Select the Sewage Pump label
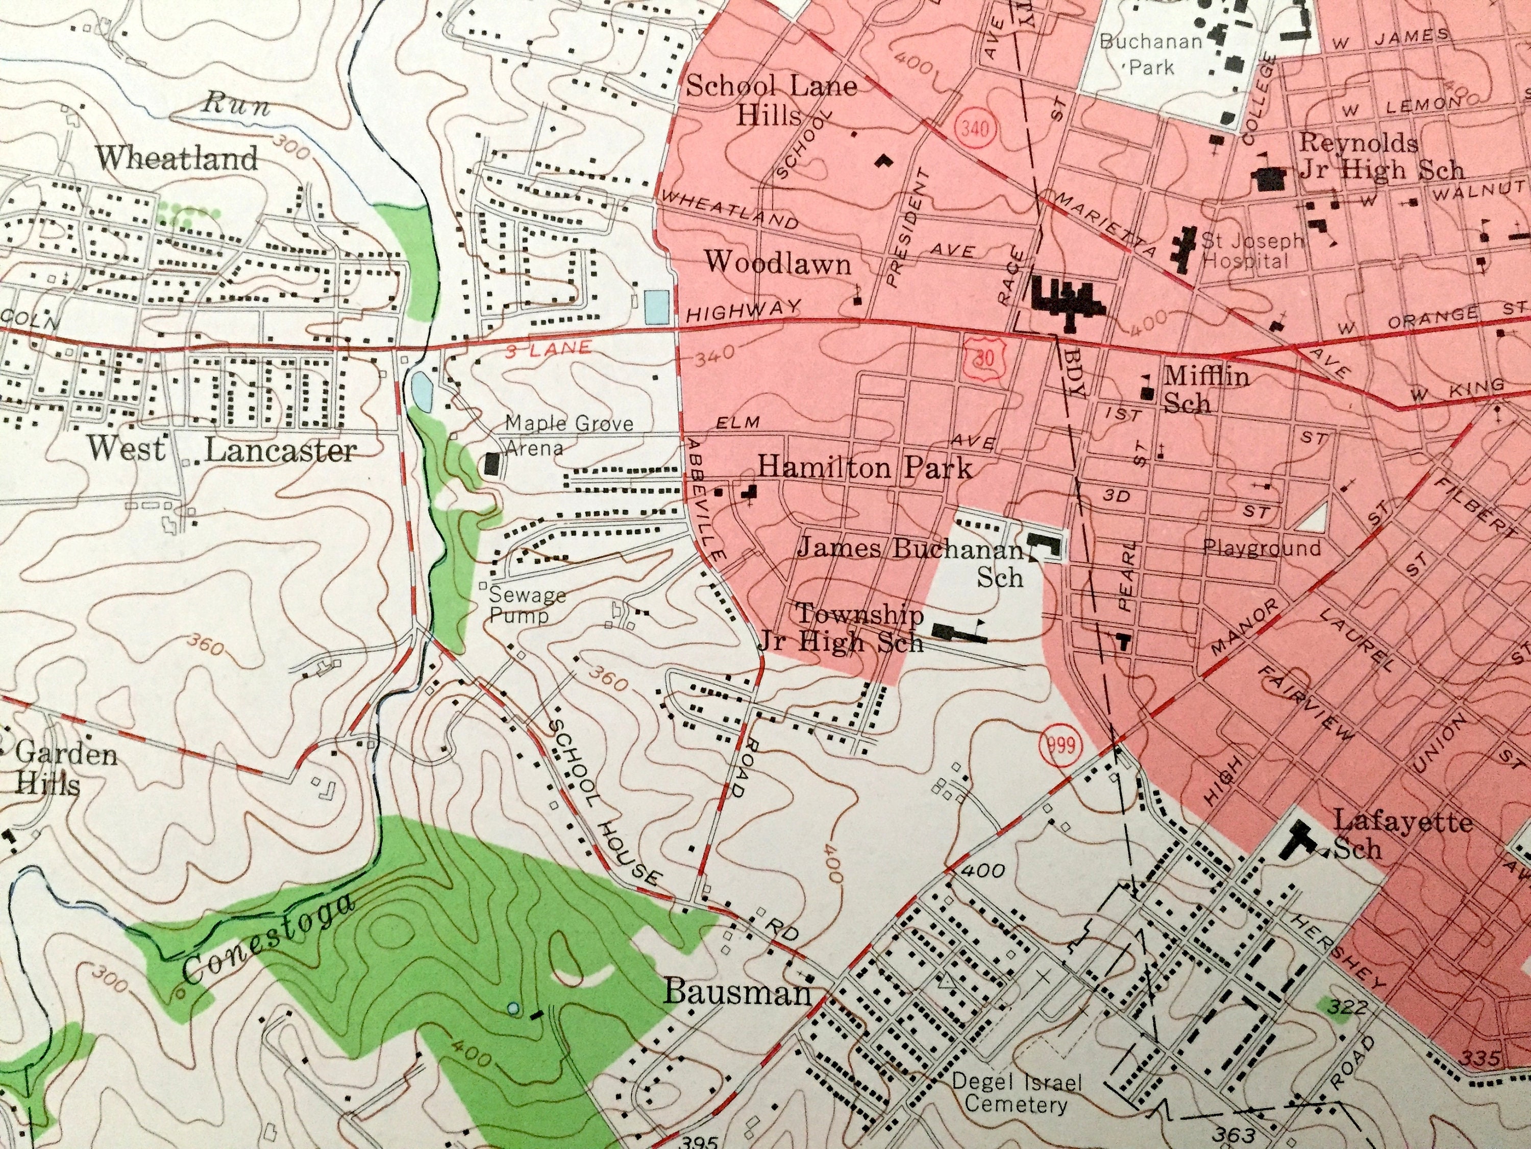[526, 605]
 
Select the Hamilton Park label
[865, 468]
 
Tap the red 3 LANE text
[548, 349]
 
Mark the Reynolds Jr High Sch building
[1269, 179]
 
